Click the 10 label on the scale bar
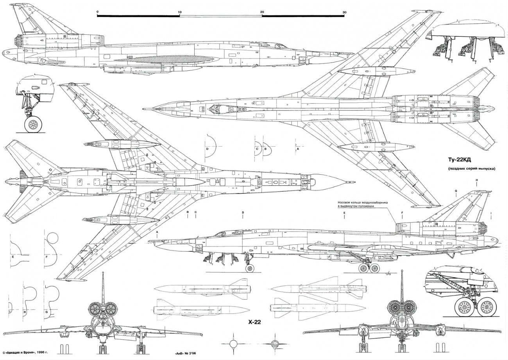point(179,13)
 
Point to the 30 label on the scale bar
point(344,13)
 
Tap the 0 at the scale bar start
point(97,13)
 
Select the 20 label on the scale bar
point(262,13)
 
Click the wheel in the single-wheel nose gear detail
point(34,125)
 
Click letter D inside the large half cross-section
point(208,149)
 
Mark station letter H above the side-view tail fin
point(477,180)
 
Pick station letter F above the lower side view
point(401,213)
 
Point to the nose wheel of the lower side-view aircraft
point(249,268)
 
